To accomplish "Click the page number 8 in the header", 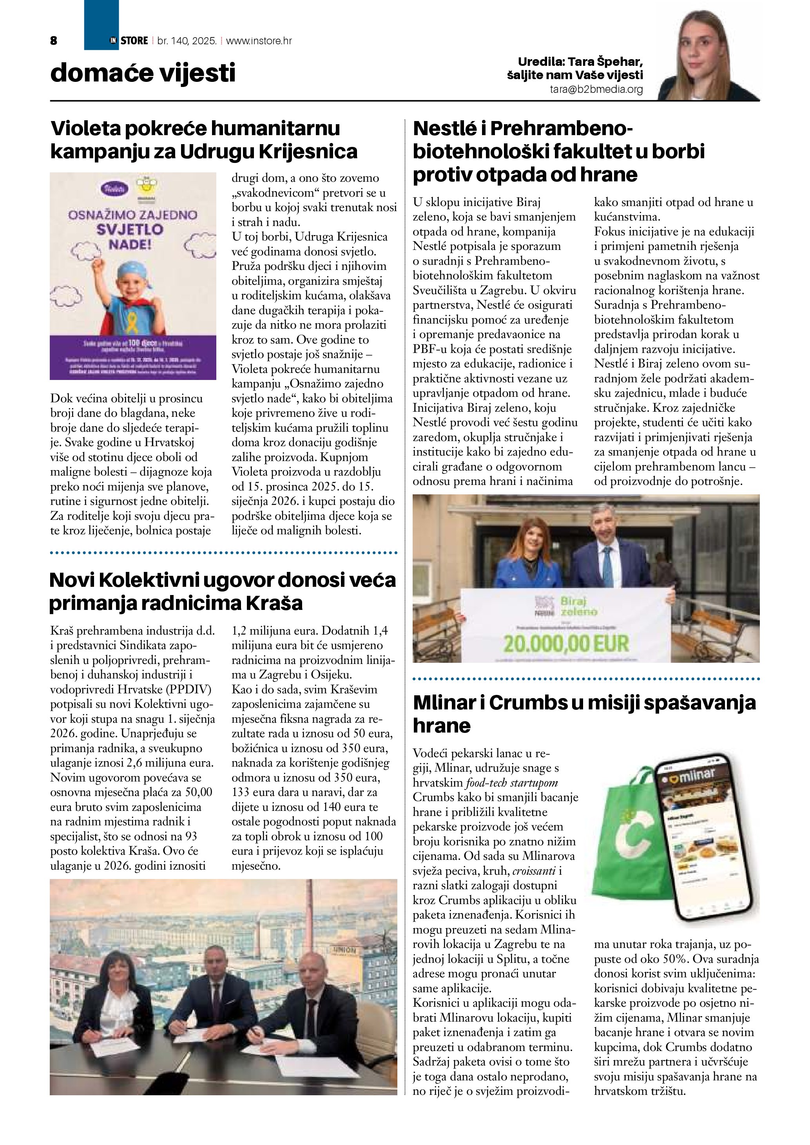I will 54,41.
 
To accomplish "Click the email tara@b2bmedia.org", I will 596,90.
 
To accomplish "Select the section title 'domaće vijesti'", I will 143,73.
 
